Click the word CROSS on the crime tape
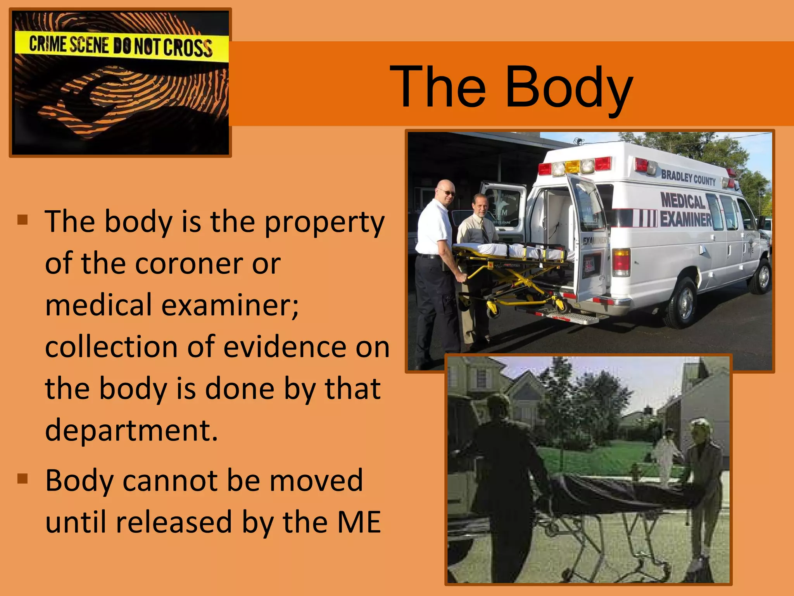pyautogui.click(x=188, y=48)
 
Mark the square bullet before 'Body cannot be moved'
pyautogui.click(x=23, y=479)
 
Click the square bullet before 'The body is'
pyautogui.click(x=23, y=220)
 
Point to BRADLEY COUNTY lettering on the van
pyautogui.click(x=688, y=177)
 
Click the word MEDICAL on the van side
pyautogui.click(x=683, y=201)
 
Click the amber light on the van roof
pyautogui.click(x=572, y=167)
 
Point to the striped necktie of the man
pyautogui.click(x=485, y=231)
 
